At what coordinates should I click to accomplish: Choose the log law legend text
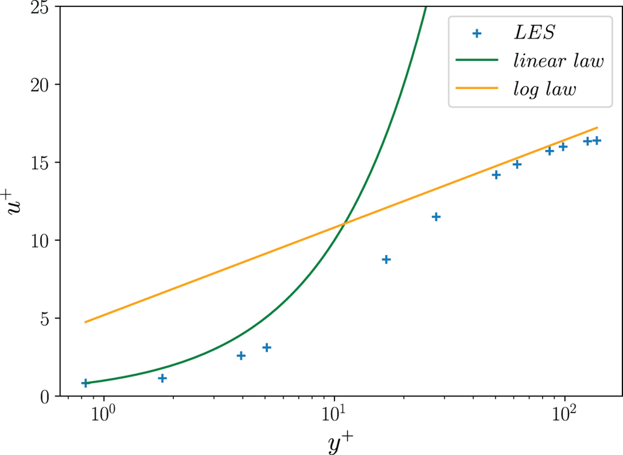[543, 89]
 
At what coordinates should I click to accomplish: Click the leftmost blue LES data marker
[86, 383]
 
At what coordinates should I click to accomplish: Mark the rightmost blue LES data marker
[597, 140]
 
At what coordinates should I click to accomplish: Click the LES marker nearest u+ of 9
[386, 259]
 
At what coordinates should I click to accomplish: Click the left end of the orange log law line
[86, 322]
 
